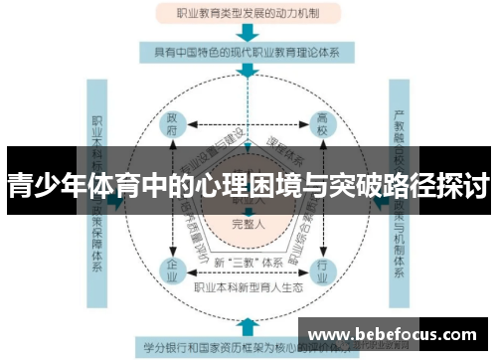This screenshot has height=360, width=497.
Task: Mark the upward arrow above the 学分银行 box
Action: coord(247,325)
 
